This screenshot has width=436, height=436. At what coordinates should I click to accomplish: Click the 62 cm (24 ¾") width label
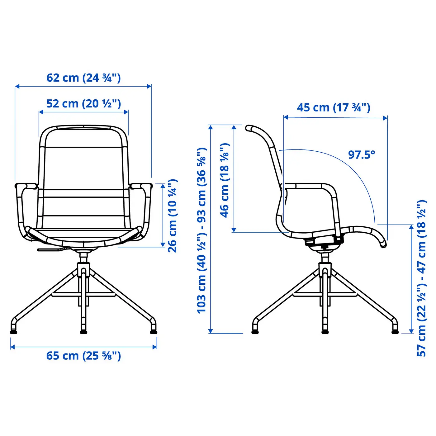[x=83, y=78]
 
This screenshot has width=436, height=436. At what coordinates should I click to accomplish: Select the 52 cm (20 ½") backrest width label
[x=83, y=104]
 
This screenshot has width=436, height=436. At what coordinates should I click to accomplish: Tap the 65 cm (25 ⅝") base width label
[x=83, y=356]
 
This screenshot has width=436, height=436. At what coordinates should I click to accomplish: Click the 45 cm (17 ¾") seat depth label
[x=334, y=108]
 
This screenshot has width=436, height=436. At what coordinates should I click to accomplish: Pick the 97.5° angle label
[x=362, y=155]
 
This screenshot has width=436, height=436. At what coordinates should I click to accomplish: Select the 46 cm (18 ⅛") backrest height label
[x=225, y=181]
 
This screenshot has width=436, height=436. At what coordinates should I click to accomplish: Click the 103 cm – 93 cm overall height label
[x=201, y=230]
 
